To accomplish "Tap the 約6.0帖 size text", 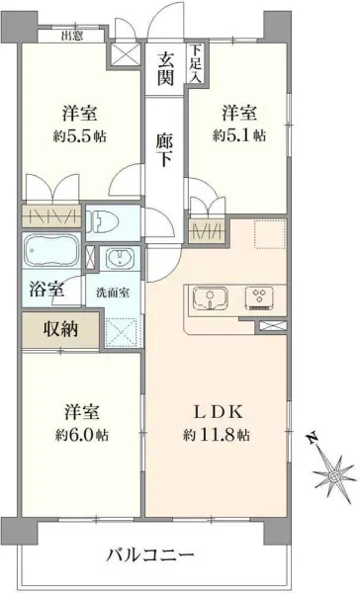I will [x=82, y=435].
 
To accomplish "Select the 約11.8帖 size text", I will [x=217, y=435].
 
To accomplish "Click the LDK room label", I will [x=217, y=410].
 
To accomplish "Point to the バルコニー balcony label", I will [x=150, y=553].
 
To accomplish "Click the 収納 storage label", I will [x=60, y=330].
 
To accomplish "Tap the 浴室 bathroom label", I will [x=46, y=291].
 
